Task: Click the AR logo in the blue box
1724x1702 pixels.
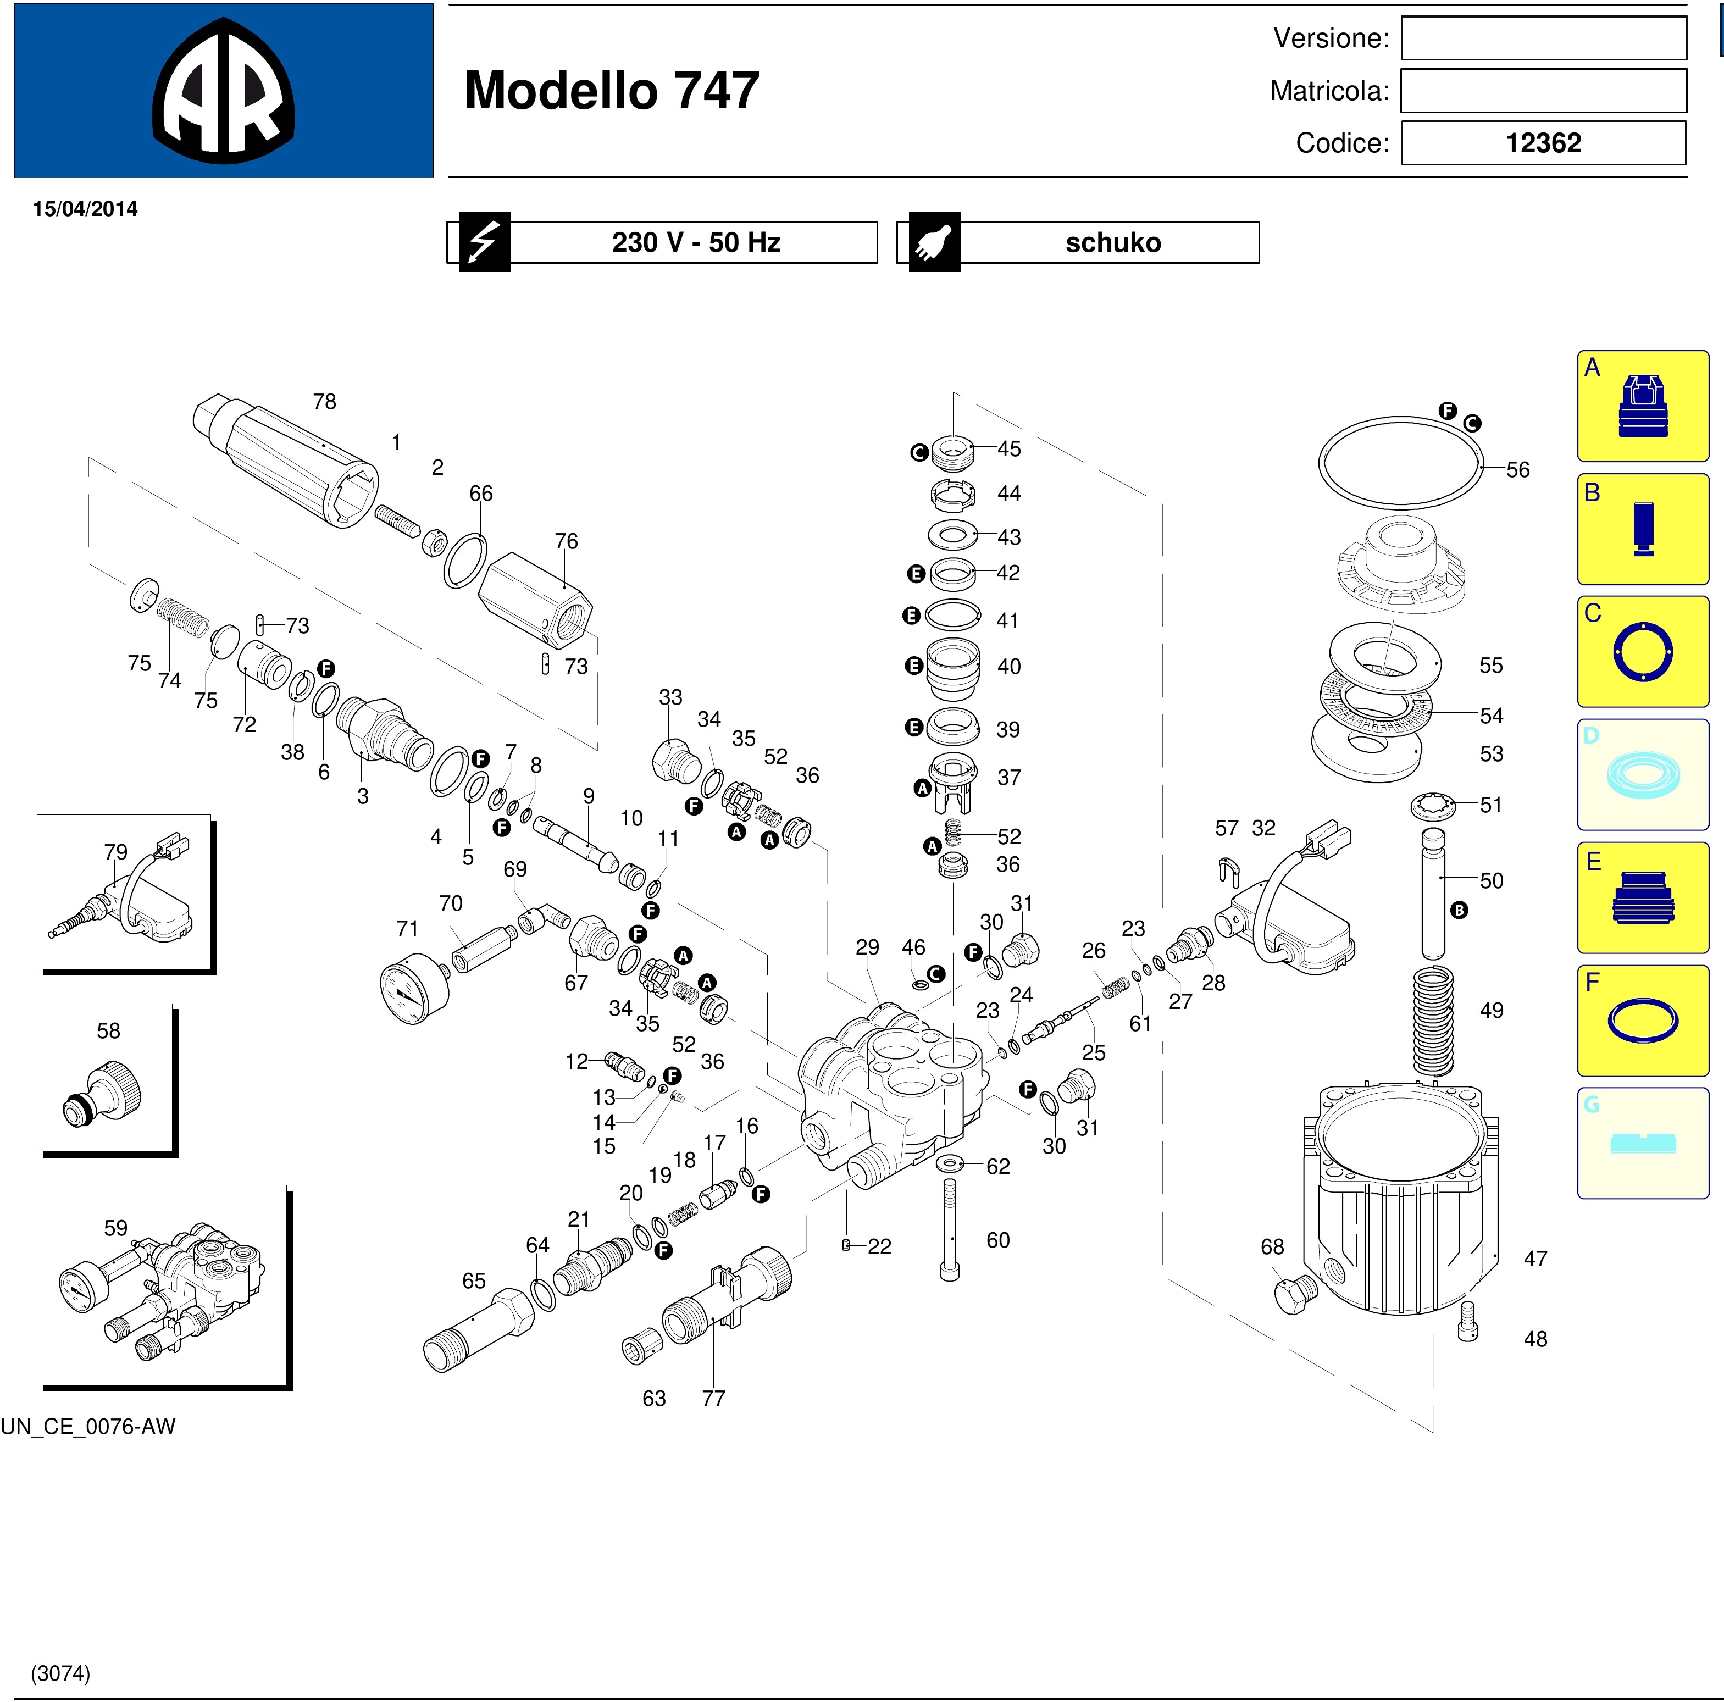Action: pyautogui.click(x=223, y=91)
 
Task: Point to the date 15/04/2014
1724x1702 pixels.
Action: pyautogui.click(x=86, y=209)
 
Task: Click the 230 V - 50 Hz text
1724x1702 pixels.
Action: pyautogui.click(x=696, y=242)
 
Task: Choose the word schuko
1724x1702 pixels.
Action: pyautogui.click(x=1113, y=243)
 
